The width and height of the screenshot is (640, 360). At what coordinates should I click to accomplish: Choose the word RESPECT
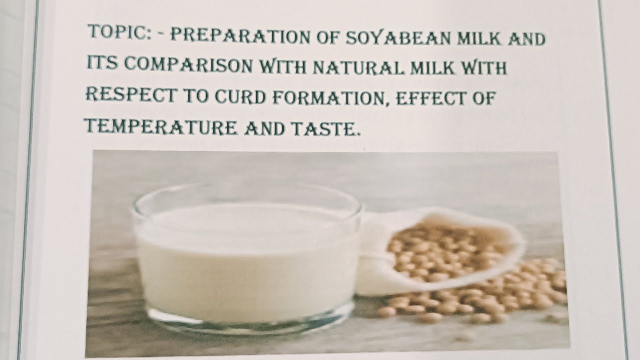pyautogui.click(x=131, y=94)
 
